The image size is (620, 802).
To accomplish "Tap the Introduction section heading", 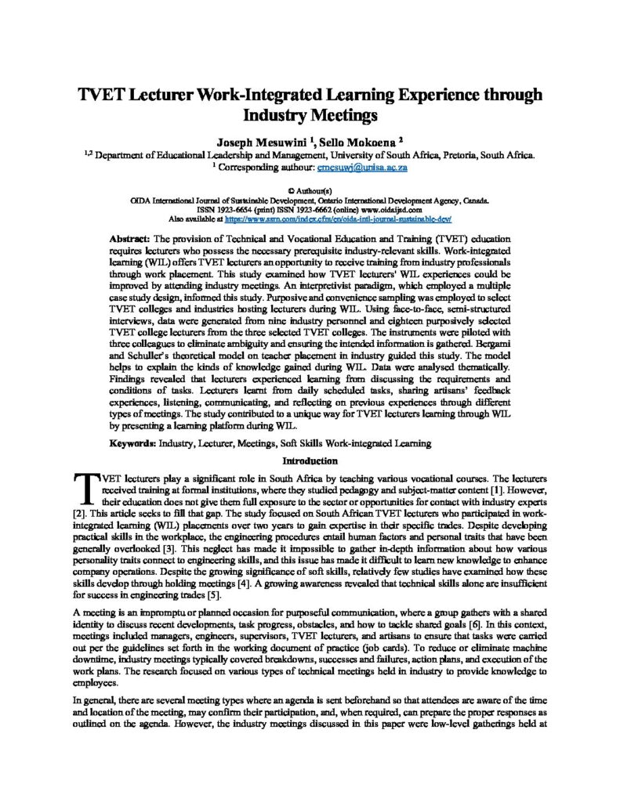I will [310, 461].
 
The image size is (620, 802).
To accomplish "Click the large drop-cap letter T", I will [81, 488].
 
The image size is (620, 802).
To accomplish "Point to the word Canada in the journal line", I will [476, 200].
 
